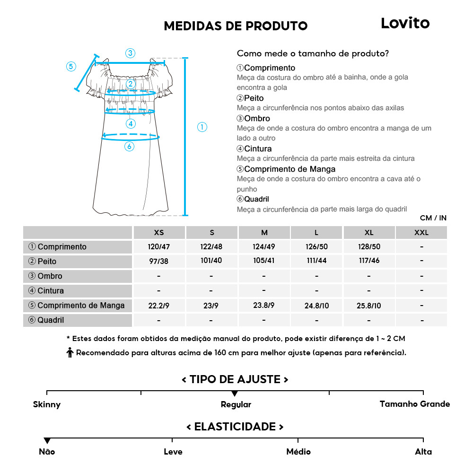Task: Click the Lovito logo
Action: (x=405, y=23)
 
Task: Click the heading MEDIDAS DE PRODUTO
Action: (x=236, y=26)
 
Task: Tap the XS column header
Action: (x=159, y=233)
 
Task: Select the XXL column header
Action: (x=421, y=233)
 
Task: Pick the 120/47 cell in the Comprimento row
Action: (x=159, y=247)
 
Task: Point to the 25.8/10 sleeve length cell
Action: (x=369, y=306)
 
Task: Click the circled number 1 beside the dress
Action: (x=202, y=127)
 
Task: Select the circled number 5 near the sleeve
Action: (x=71, y=66)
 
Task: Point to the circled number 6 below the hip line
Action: (x=130, y=147)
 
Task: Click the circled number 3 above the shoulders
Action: (x=130, y=53)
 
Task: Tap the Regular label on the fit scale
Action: (x=236, y=405)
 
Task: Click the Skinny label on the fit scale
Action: (x=47, y=404)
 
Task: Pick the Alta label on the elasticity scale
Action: (x=423, y=452)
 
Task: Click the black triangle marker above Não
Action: (x=47, y=441)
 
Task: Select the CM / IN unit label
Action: (x=433, y=218)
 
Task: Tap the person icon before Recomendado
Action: (x=70, y=353)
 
